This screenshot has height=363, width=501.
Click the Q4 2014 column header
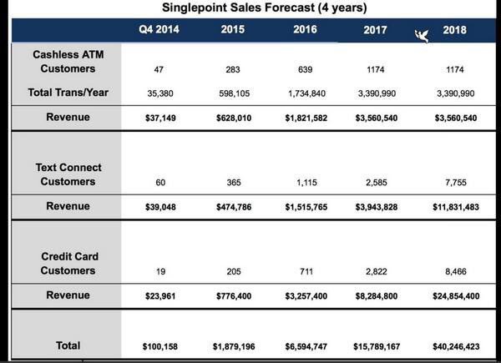(x=159, y=29)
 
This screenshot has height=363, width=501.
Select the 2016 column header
(x=305, y=29)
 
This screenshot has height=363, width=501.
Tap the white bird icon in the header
(x=422, y=36)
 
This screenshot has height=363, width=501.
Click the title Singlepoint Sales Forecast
(x=264, y=8)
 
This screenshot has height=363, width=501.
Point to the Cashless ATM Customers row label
(x=68, y=62)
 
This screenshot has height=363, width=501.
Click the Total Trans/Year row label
(x=68, y=93)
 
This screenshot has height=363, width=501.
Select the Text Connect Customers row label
(x=68, y=174)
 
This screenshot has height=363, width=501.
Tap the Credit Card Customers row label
(x=68, y=264)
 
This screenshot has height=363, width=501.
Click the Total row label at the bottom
(x=68, y=345)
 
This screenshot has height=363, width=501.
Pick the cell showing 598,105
(x=234, y=93)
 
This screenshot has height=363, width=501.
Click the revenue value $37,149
(x=160, y=118)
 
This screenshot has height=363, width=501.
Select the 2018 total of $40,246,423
(x=456, y=346)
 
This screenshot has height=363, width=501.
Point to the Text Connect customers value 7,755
(x=456, y=182)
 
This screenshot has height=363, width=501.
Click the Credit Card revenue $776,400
(x=234, y=296)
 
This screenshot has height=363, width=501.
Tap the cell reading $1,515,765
(x=306, y=207)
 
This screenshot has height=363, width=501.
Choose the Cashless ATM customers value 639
(x=305, y=69)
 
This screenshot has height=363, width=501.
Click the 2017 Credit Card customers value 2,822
(x=377, y=271)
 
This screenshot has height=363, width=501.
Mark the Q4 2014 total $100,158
(x=160, y=346)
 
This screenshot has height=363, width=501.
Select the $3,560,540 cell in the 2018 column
(x=456, y=118)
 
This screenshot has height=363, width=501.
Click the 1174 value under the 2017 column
(x=376, y=69)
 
